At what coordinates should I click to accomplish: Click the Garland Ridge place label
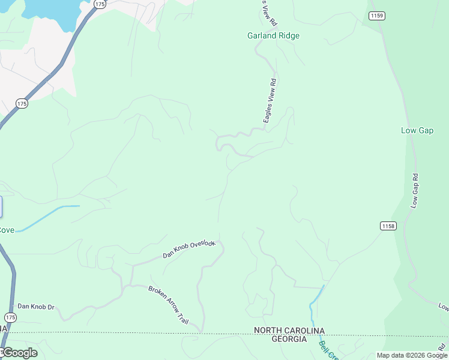(x=273, y=35)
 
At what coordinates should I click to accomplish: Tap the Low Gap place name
(x=417, y=130)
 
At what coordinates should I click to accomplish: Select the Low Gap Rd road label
(x=414, y=191)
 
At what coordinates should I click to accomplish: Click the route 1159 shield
(x=377, y=16)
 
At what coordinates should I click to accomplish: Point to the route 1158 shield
(x=388, y=226)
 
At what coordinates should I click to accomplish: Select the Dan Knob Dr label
(x=36, y=307)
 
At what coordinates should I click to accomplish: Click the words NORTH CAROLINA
(x=289, y=331)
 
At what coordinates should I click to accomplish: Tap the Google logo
(x=20, y=352)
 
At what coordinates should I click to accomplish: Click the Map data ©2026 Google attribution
(x=411, y=355)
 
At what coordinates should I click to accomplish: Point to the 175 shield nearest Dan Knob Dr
(x=10, y=317)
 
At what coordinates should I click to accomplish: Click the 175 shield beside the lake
(x=100, y=4)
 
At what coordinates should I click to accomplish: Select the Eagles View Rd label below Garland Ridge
(x=270, y=101)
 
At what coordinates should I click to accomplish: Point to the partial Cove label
(x=7, y=230)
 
